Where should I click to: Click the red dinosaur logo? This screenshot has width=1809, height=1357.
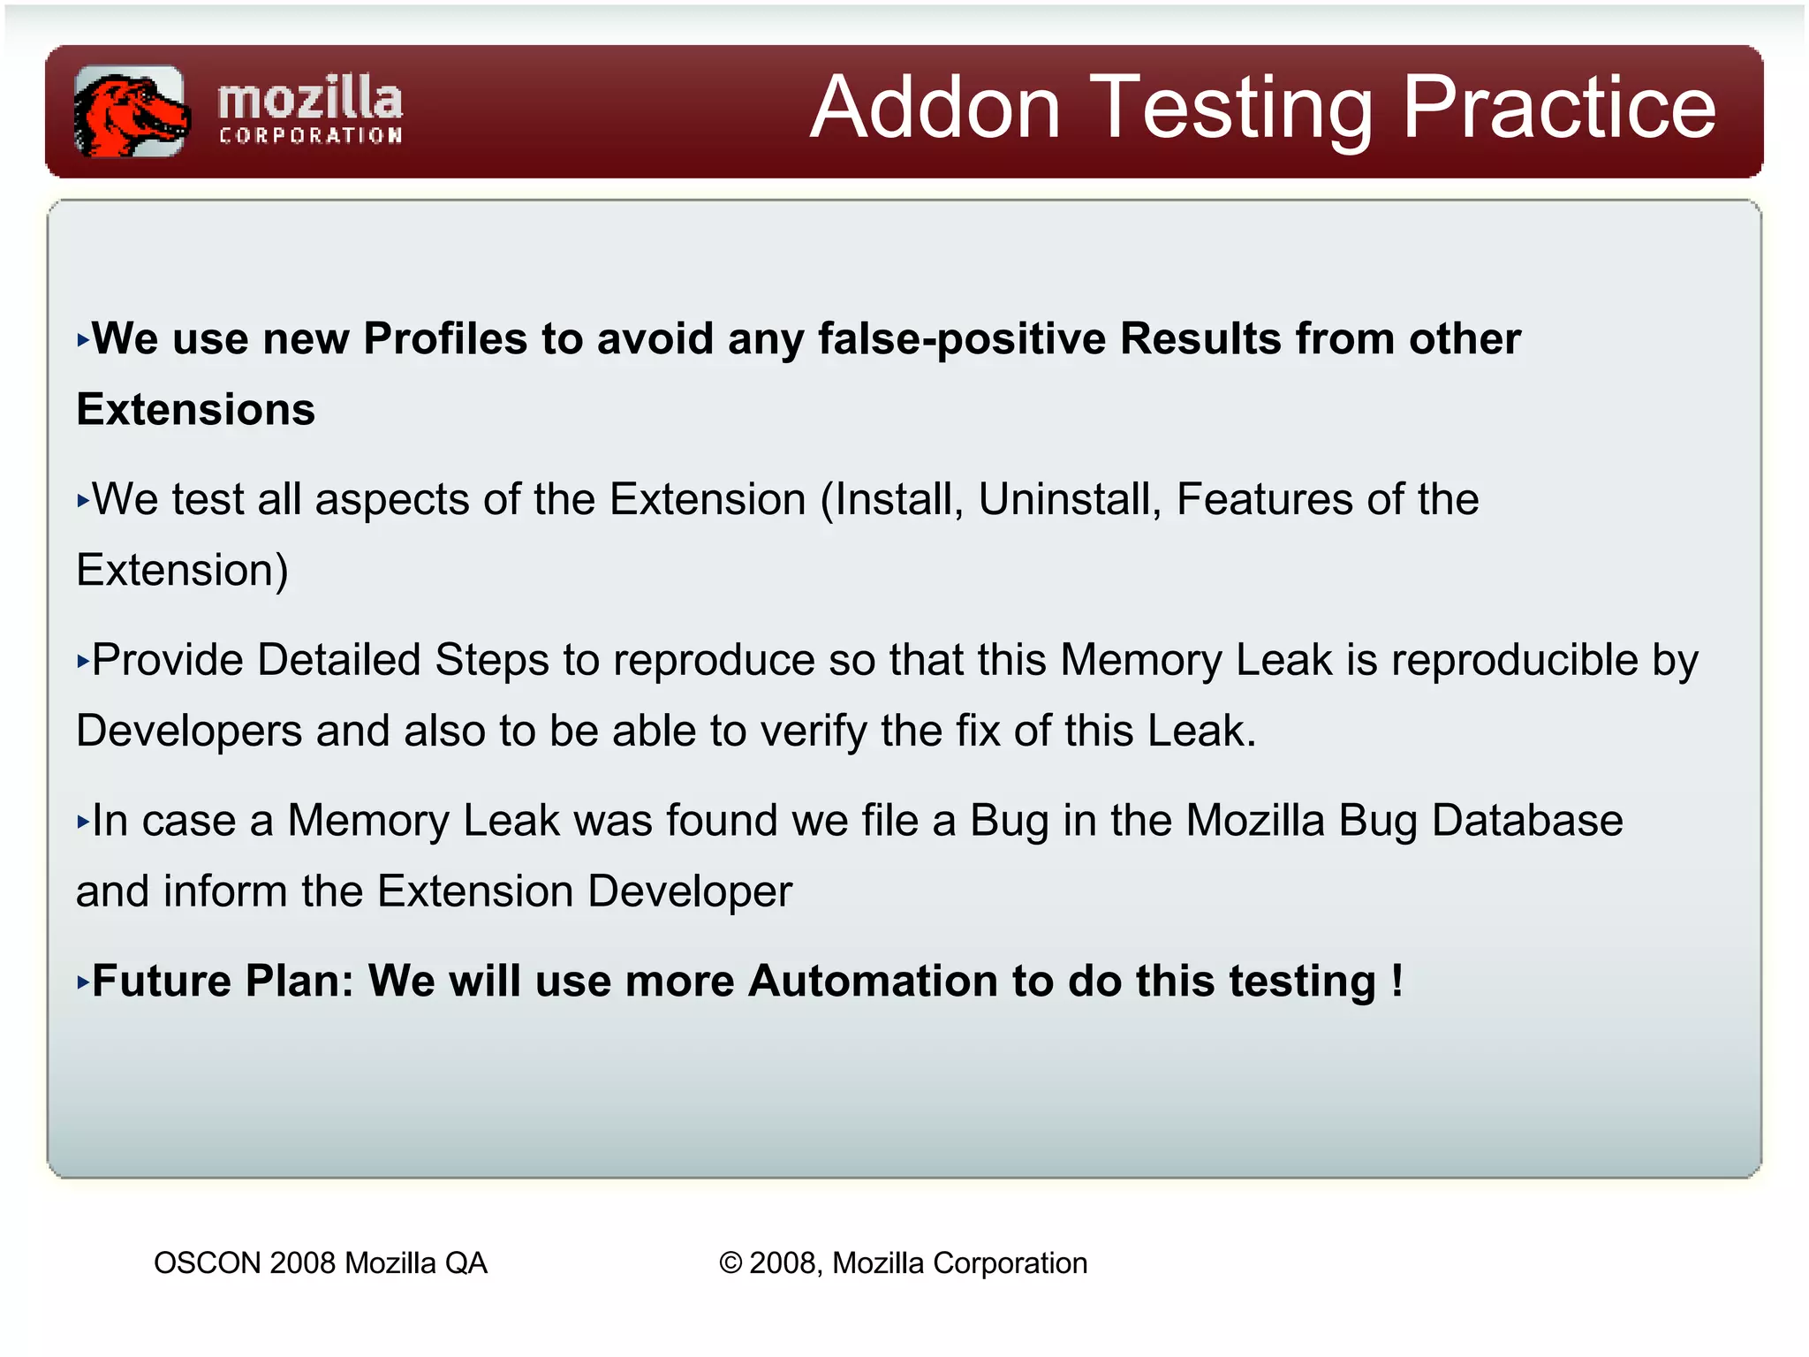[x=131, y=112]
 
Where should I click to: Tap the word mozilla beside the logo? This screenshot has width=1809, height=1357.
[x=310, y=99]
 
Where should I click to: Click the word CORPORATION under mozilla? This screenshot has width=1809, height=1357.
[x=310, y=136]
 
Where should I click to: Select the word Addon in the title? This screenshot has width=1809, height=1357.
[x=935, y=108]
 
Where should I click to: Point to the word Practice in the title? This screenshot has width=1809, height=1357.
[x=1559, y=108]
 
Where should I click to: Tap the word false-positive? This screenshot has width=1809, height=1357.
[x=961, y=339]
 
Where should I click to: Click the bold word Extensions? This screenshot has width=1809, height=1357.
[x=196, y=410]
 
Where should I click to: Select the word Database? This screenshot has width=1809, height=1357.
[x=1527, y=821]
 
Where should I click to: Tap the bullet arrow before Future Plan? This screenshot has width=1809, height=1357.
[x=83, y=982]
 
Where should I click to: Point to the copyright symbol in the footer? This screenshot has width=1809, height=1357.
[x=730, y=1263]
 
